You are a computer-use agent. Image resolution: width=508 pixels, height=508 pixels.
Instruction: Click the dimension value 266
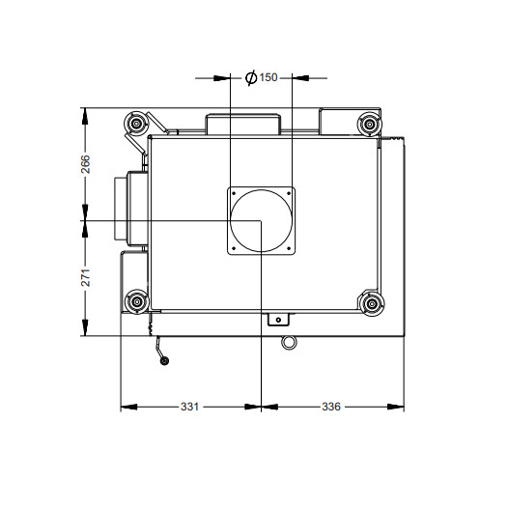[x=86, y=164]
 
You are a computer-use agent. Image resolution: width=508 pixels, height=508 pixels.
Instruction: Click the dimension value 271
[x=86, y=277]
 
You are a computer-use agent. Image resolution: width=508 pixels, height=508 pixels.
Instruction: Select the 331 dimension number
[x=189, y=407]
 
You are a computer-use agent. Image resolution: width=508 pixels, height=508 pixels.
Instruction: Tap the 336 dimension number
[x=331, y=407]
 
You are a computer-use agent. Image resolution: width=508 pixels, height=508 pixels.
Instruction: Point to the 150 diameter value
[x=268, y=77]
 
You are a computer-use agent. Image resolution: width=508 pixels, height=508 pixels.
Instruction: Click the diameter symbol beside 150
[x=251, y=78]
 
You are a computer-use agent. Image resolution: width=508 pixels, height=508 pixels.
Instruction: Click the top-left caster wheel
[x=136, y=124]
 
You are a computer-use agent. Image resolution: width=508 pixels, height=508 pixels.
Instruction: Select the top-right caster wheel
[x=369, y=124]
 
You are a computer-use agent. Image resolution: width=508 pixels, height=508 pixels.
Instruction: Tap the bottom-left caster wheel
[x=137, y=302]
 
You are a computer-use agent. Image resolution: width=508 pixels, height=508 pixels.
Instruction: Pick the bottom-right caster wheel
[x=372, y=303]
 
